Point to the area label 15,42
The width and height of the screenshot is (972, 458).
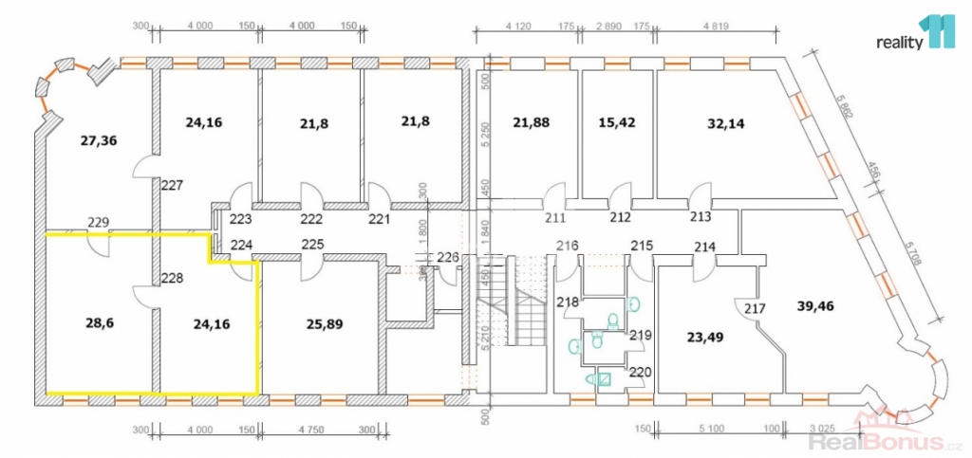click(617, 122)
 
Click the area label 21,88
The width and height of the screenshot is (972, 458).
click(532, 122)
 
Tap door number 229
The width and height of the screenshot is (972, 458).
click(99, 223)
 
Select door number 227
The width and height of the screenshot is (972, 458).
click(171, 186)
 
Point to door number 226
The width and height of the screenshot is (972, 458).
click(447, 256)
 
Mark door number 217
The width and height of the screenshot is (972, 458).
click(756, 308)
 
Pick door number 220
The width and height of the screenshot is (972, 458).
click(641, 372)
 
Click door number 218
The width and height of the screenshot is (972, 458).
click(568, 302)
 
